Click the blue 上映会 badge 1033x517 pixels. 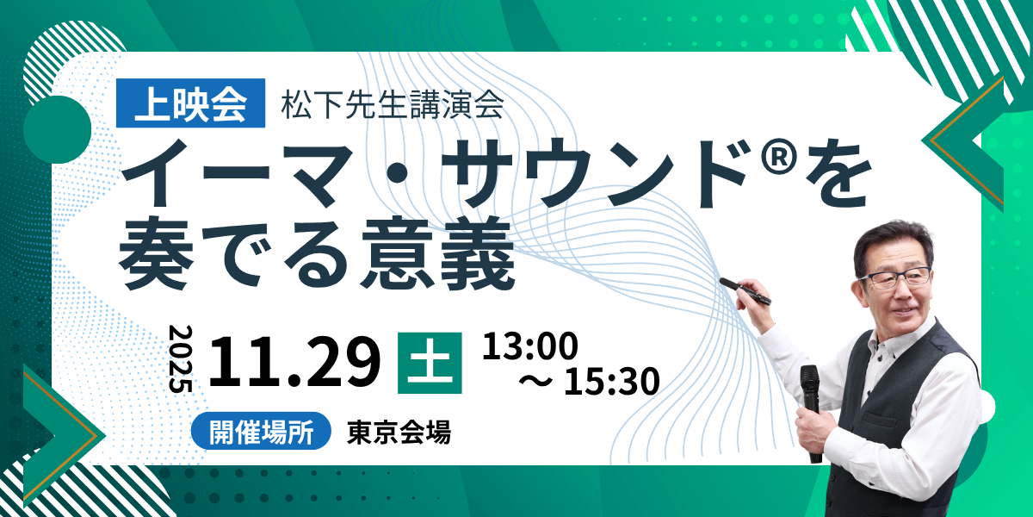click(190, 103)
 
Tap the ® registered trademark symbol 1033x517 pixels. click(778, 156)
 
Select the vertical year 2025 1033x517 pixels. click(180, 359)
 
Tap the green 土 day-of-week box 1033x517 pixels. click(430, 363)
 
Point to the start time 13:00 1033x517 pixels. click(530, 346)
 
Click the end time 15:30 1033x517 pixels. click(612, 381)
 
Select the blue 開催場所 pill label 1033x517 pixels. click(261, 431)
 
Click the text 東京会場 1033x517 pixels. click(399, 432)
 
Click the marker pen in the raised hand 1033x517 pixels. click(745, 291)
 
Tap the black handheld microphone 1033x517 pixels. click(811, 411)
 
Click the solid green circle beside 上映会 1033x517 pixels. click(57, 130)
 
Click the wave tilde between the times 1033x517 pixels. click(535, 381)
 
